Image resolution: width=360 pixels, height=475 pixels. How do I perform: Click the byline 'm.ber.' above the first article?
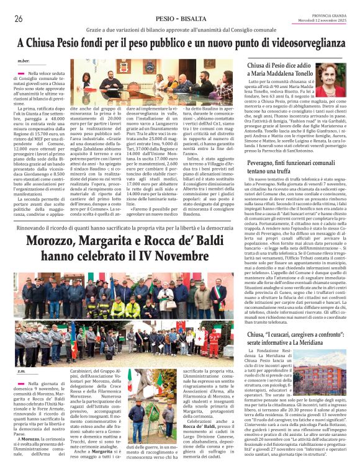[x=24, y=61]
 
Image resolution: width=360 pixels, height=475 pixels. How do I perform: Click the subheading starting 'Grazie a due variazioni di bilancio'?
[x=179, y=30]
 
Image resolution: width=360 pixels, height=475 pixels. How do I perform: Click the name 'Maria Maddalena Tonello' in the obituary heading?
[x=282, y=74]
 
